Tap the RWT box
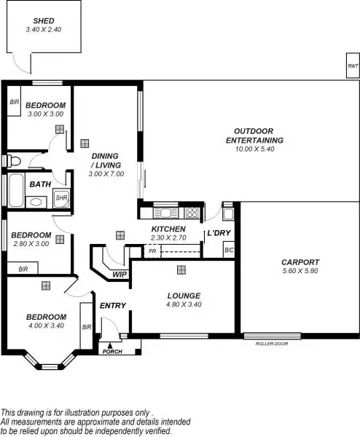pyautogui.click(x=353, y=66)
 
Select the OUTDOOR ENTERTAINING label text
pyautogui.click(x=254, y=135)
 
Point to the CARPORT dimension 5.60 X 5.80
pyautogui.click(x=300, y=271)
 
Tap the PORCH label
pyautogui.click(x=111, y=352)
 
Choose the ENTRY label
pyautogui.click(x=113, y=305)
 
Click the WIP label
pyautogui.click(x=120, y=274)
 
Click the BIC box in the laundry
pyautogui.click(x=229, y=251)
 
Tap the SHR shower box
pyautogui.click(x=61, y=197)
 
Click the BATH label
pyautogui.click(x=40, y=184)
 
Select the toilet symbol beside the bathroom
pyautogui.click(x=12, y=160)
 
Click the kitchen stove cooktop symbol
pyautogui.click(x=192, y=213)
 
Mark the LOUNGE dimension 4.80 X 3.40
pyautogui.click(x=182, y=304)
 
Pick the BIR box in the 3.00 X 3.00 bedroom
pyautogui.click(x=14, y=103)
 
